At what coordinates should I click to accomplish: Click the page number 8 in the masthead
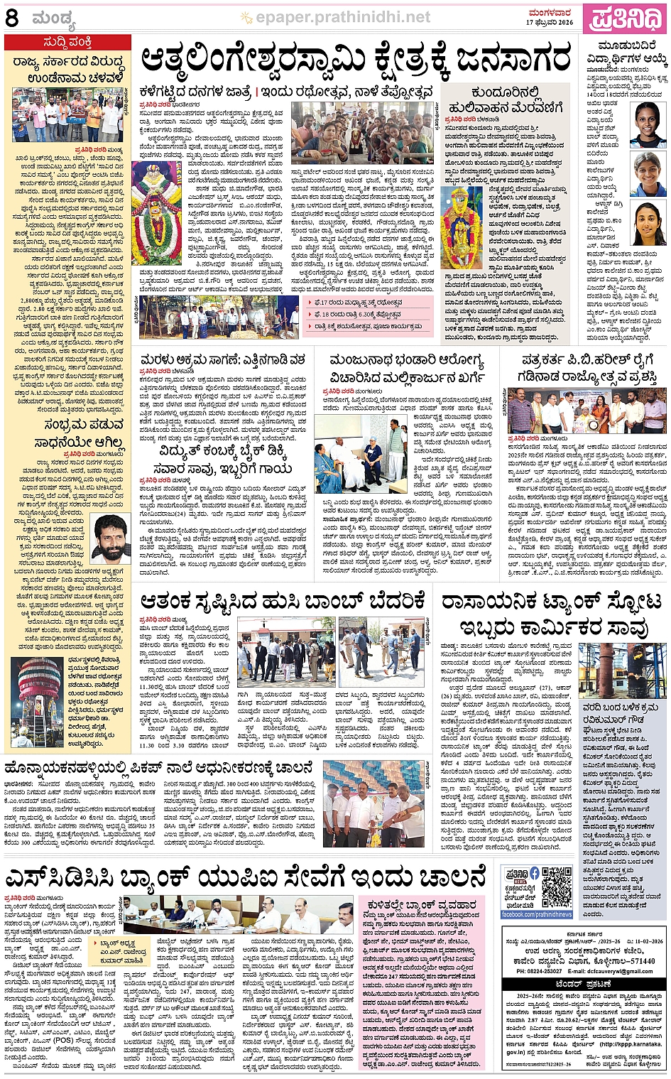(x=12, y=17)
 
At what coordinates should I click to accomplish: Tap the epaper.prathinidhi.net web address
(x=342, y=17)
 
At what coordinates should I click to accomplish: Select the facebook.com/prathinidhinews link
(x=536, y=914)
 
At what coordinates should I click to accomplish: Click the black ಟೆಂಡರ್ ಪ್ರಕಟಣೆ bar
(x=584, y=984)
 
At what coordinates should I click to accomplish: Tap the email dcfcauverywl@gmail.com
(x=621, y=971)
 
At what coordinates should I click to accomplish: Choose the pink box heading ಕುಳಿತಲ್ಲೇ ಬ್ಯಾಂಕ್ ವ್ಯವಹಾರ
(x=422, y=904)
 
